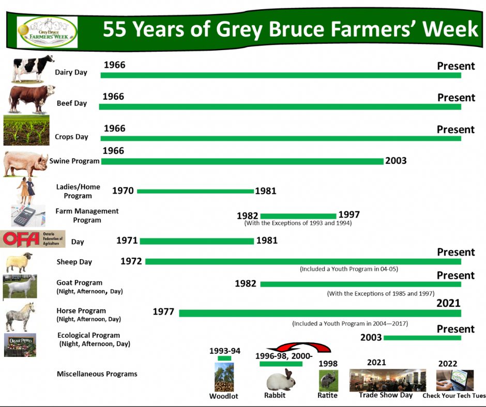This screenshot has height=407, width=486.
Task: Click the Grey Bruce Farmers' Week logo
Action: tap(47, 32)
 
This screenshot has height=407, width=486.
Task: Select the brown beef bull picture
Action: tap(32, 99)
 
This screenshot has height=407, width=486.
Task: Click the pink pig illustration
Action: tap(26, 164)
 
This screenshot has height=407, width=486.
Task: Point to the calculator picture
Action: tap(28, 216)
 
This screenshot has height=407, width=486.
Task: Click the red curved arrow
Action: tap(299, 346)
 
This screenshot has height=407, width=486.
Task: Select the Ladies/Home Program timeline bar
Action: tap(195, 191)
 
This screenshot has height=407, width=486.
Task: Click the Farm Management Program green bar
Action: tap(298, 216)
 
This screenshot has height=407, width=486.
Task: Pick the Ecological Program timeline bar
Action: tap(422, 338)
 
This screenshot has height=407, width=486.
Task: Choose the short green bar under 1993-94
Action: tap(224, 358)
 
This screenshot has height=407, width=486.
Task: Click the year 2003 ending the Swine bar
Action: tap(396, 161)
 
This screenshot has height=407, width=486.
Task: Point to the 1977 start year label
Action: tap(163, 311)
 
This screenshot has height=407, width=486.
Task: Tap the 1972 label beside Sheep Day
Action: tap(131, 261)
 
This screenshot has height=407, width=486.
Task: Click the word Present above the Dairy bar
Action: tap(456, 66)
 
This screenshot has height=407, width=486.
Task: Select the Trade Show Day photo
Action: tap(387, 380)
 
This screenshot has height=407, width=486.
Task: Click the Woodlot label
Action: tap(224, 396)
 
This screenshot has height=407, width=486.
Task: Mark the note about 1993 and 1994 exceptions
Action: tap(298, 223)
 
